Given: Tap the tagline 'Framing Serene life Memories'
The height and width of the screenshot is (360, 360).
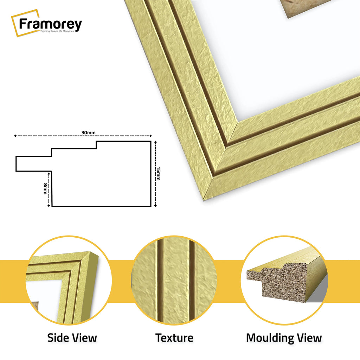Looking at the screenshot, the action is [57, 31].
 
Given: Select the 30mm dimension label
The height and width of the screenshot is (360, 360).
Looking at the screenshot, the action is [88, 133].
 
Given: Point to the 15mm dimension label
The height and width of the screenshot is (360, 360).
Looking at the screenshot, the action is [159, 173].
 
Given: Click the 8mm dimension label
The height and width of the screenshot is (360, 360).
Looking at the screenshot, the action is [45, 188].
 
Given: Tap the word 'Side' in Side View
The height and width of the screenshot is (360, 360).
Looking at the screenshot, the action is [57, 338].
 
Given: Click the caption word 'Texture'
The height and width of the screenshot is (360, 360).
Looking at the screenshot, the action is [174, 338].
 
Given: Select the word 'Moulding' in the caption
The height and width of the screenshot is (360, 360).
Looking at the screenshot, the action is [270, 338].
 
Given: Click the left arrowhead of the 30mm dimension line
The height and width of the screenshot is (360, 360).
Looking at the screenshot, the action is [15, 136].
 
